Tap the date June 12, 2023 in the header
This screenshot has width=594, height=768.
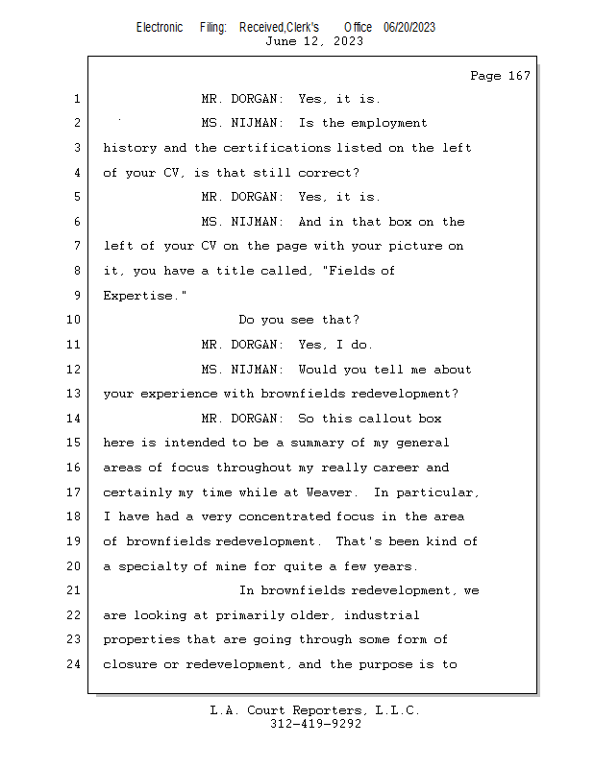[314, 41]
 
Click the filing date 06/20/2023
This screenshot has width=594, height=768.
[409, 27]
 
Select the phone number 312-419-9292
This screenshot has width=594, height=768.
[314, 724]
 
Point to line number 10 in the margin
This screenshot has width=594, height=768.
[76, 321]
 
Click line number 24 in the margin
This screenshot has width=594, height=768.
[76, 664]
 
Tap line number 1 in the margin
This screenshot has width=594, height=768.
[76, 99]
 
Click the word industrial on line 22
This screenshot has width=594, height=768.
[382, 615]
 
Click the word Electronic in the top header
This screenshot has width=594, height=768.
[160, 27]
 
